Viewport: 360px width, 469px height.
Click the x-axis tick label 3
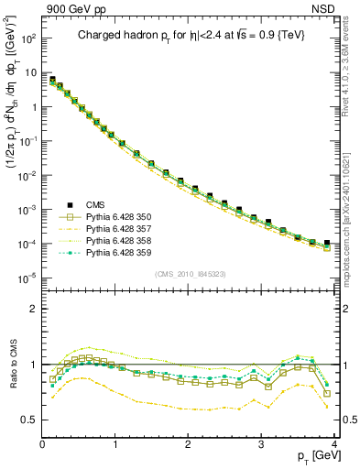(x=261, y=444)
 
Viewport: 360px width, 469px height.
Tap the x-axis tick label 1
(x=115, y=444)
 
